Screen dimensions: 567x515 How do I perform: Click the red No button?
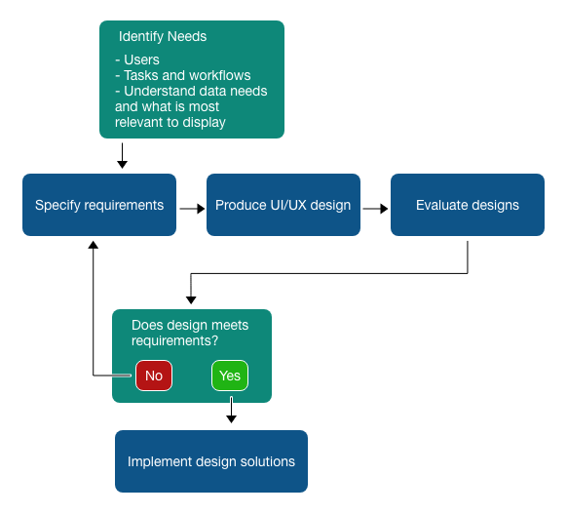click(154, 376)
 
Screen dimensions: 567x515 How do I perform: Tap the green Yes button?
click(230, 376)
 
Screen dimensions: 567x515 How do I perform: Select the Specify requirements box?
click(99, 205)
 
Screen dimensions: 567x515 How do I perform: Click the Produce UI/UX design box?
click(283, 205)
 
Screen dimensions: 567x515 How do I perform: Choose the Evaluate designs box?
click(468, 205)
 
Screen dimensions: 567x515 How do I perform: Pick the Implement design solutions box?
click(211, 461)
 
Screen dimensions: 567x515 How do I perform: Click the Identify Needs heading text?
click(163, 36)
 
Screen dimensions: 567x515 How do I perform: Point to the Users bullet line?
click(137, 59)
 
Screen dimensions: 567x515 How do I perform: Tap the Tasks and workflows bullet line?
click(183, 75)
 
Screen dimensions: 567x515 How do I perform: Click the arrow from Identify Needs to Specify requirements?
click(122, 156)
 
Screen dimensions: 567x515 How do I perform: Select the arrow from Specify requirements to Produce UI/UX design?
click(192, 209)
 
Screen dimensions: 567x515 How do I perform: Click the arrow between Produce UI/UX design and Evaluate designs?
click(375, 209)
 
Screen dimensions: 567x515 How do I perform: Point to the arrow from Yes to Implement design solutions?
click(231, 410)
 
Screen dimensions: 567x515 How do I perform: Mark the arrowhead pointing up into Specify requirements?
click(94, 245)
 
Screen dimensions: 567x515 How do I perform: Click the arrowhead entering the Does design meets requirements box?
click(191, 300)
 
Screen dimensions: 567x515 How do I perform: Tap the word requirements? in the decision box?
click(174, 341)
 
